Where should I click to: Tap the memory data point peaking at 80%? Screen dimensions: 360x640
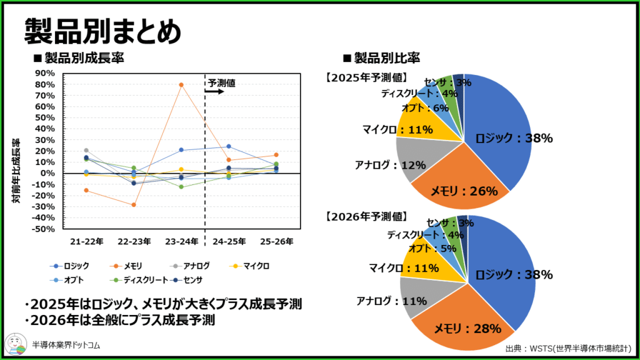click(x=181, y=85)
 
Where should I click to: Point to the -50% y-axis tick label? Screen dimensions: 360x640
click(x=45, y=229)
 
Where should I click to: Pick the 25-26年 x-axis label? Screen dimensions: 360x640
click(x=276, y=241)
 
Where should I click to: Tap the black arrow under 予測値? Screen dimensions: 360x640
click(x=214, y=91)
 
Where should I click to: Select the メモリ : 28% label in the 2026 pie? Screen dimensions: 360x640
click(x=467, y=328)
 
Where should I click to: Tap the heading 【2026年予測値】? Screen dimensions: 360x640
click(x=366, y=217)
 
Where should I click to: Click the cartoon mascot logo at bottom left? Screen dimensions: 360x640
click(x=16, y=344)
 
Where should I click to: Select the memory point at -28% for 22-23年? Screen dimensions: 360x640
click(x=134, y=205)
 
